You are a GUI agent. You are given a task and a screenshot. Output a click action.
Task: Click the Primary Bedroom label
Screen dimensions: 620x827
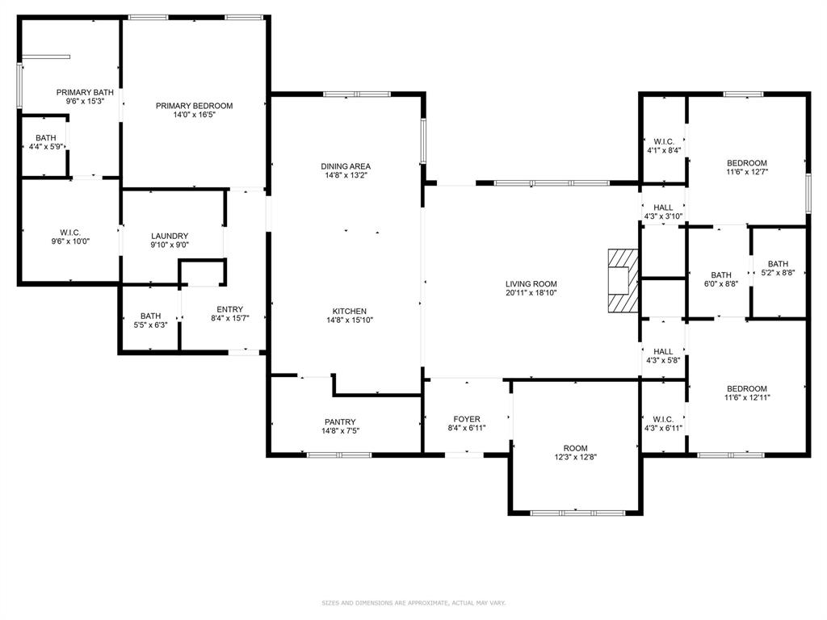coord(194,106)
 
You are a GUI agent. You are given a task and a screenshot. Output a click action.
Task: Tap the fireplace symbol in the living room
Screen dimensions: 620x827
coord(623,280)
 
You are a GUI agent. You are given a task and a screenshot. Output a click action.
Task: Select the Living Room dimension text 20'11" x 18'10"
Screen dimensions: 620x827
coord(531,294)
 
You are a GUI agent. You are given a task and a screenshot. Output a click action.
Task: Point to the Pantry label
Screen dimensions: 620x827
coord(341,421)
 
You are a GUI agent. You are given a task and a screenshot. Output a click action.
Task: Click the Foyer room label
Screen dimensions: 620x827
coord(466,419)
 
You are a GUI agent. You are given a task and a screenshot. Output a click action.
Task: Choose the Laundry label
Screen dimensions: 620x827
coord(170,236)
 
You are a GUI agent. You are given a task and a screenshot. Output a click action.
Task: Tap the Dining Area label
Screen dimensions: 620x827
coord(346,166)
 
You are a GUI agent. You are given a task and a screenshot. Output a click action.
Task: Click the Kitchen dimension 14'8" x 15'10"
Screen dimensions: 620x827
coord(350,320)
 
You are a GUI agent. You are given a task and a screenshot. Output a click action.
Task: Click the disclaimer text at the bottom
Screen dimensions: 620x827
coord(413,602)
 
